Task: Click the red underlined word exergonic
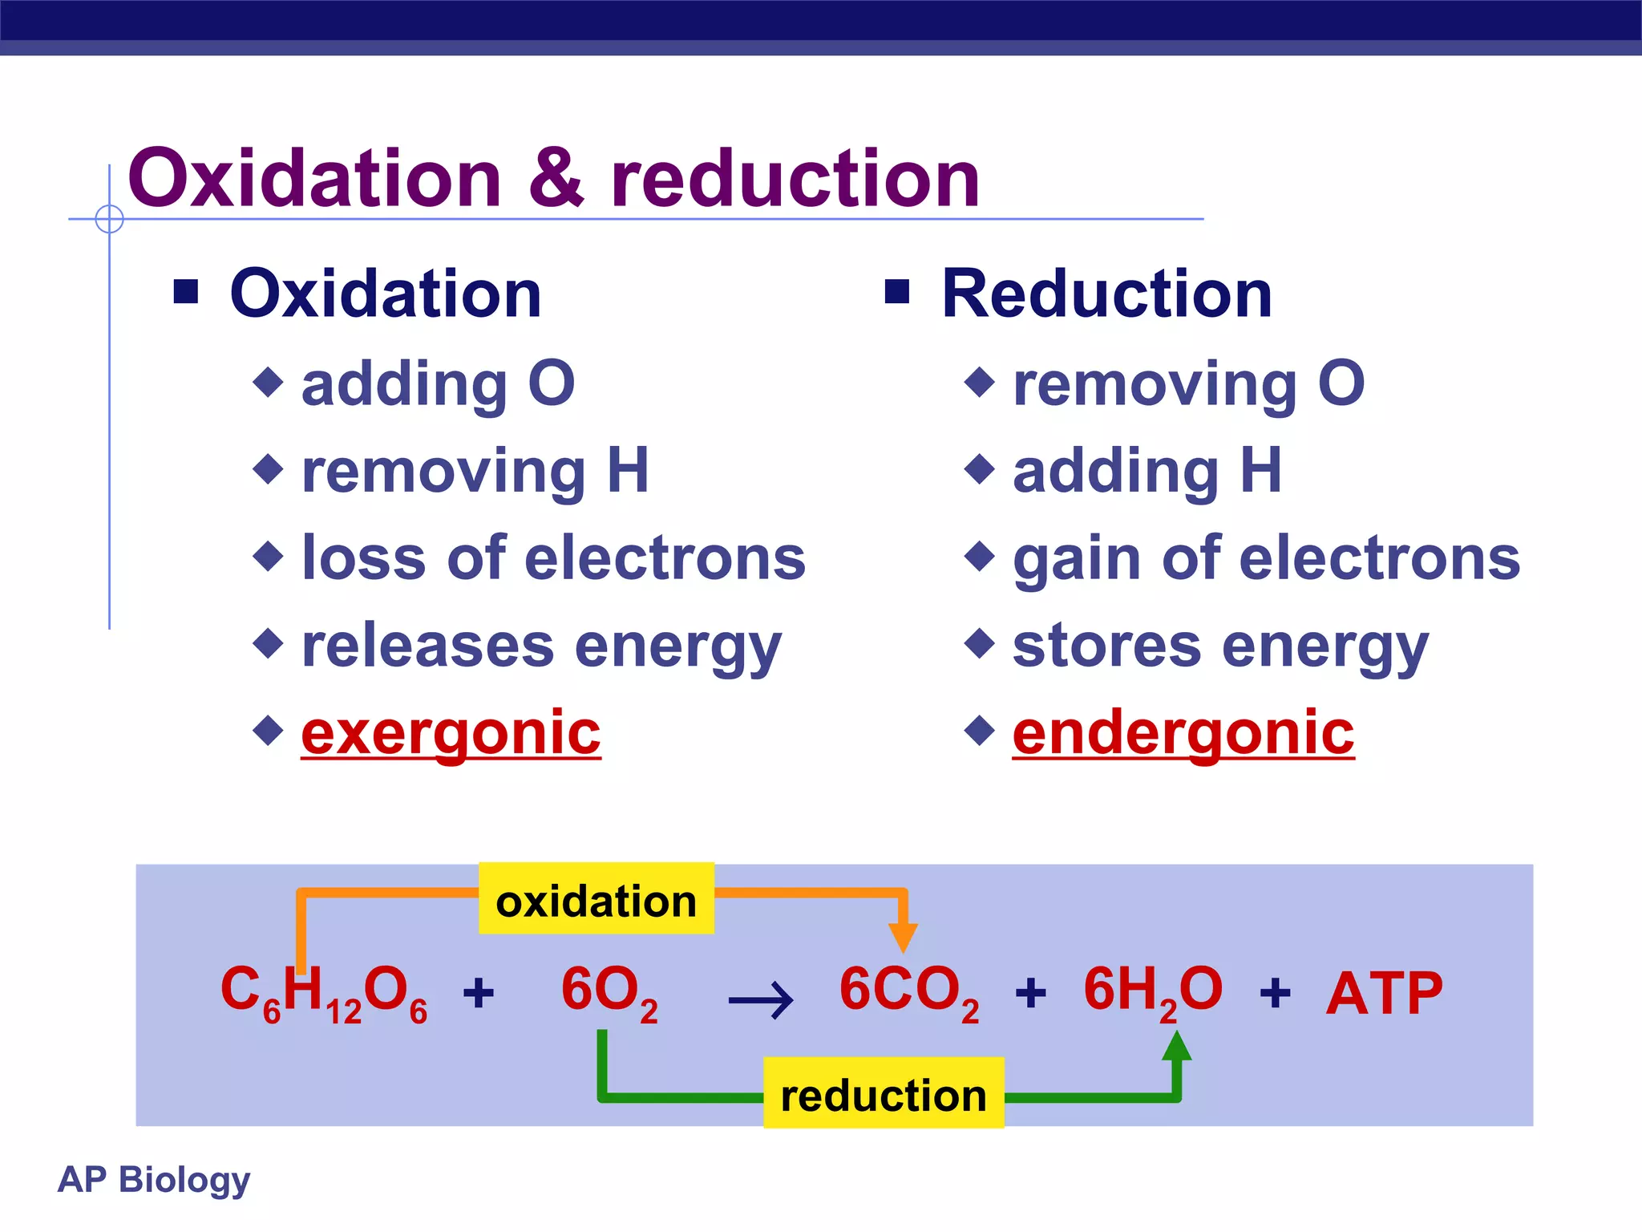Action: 451,733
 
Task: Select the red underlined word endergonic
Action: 1183,733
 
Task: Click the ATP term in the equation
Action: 1384,994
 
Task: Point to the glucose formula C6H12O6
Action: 324,994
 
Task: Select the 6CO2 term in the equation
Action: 909,994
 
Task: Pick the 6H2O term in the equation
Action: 1153,994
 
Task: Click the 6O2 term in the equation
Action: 609,994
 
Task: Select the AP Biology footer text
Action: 154,1180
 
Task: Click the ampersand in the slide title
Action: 556,178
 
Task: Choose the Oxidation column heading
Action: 386,294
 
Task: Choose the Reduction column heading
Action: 1106,294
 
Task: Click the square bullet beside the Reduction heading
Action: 897,292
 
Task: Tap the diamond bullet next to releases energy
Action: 268,642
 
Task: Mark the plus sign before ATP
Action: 1275,993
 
